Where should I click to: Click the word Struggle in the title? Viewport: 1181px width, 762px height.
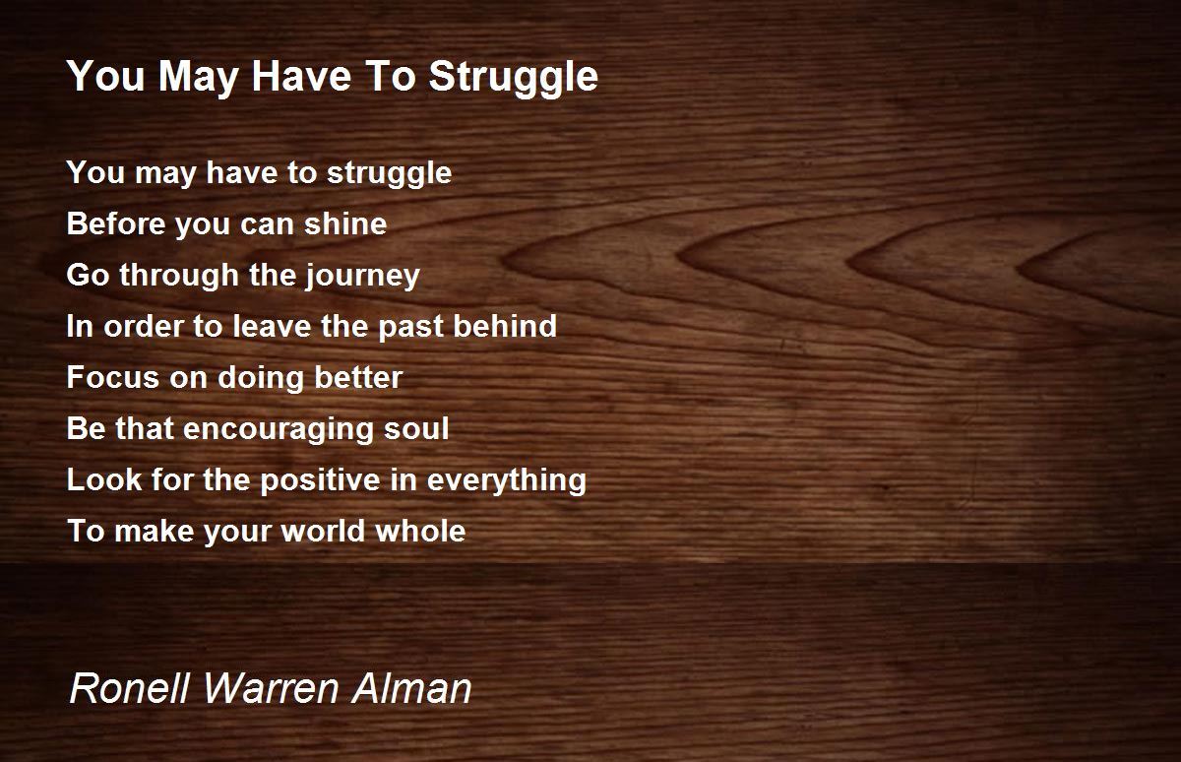coord(514,78)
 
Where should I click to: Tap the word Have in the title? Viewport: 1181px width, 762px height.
coord(301,77)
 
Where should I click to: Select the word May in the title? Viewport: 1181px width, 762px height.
coord(198,78)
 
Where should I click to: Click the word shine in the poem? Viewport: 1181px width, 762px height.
coord(345,223)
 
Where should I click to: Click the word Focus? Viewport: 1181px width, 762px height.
coord(113,377)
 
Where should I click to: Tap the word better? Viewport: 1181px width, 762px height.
coord(358,377)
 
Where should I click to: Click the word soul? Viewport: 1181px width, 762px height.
coord(416,428)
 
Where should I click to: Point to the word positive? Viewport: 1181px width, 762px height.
coord(320,481)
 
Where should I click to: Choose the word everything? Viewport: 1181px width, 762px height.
coord(507,481)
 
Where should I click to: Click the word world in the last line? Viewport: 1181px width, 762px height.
coord(323,531)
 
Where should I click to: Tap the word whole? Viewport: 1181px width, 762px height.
coord(421,531)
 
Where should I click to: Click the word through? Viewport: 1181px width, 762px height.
coord(179,277)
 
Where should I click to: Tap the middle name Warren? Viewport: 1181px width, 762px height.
coord(271,688)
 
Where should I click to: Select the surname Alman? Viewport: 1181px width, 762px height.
coord(411,688)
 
